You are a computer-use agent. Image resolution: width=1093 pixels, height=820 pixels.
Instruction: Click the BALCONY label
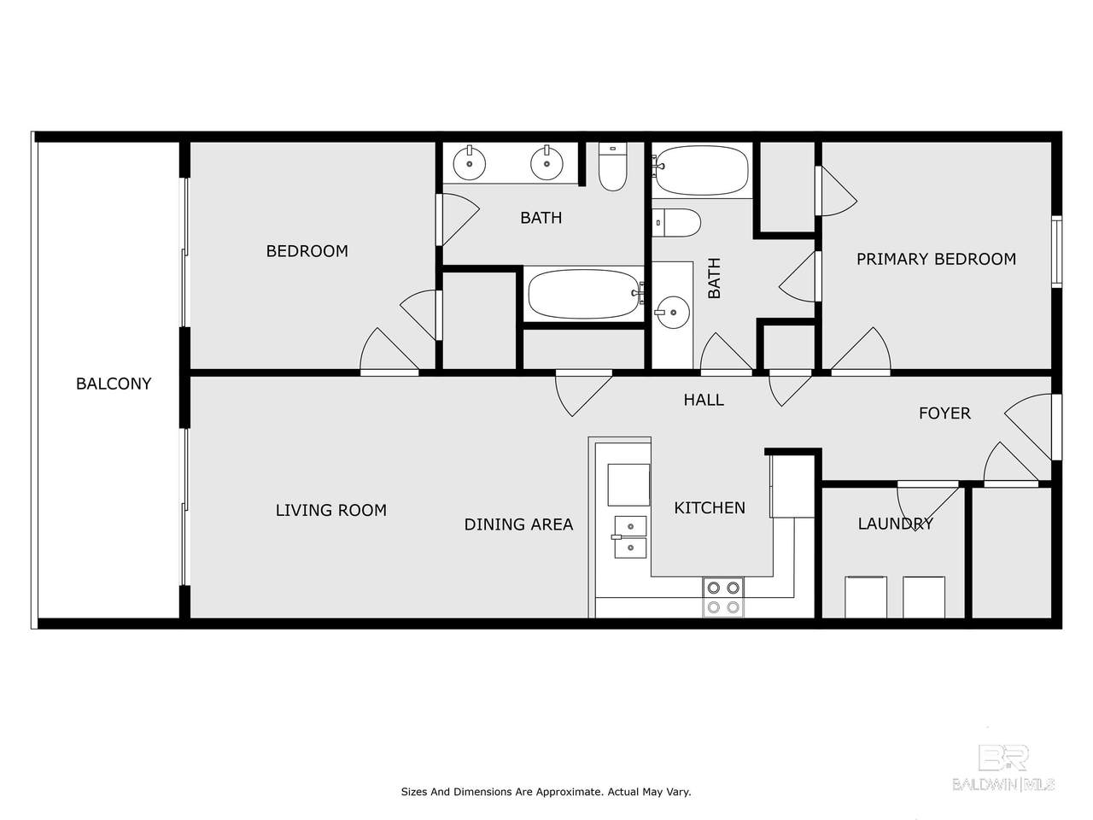[x=114, y=384]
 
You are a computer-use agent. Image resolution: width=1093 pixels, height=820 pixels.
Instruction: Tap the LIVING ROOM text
[x=331, y=510]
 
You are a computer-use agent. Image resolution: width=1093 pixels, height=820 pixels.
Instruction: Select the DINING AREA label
[x=518, y=524]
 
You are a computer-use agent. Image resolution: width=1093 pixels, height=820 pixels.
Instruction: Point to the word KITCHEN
[x=710, y=508]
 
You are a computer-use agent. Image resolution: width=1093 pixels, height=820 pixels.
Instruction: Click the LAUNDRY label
[x=895, y=524]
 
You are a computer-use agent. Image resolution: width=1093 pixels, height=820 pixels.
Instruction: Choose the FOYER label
[x=944, y=413]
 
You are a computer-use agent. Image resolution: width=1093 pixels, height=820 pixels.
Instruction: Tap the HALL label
[x=704, y=400]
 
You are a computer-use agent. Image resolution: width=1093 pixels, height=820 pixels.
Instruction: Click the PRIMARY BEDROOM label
[x=936, y=259]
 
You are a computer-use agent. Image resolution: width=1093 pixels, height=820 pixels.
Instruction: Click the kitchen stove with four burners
[x=723, y=597]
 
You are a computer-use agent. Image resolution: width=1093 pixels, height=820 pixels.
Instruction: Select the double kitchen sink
[x=630, y=537]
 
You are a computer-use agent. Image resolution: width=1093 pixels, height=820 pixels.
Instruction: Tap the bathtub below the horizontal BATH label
[x=585, y=294]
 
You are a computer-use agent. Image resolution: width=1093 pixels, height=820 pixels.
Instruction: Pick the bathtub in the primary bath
[x=701, y=170]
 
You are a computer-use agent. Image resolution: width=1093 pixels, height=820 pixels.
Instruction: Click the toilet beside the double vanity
[x=612, y=167]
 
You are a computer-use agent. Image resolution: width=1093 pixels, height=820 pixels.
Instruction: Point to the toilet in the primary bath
[x=676, y=223]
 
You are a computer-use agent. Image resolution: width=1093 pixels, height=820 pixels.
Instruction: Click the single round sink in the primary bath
[x=672, y=312]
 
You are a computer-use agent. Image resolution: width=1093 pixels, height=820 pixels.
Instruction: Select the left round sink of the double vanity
[x=469, y=163]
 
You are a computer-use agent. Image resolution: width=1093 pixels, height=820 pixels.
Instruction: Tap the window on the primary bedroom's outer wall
[x=1056, y=251]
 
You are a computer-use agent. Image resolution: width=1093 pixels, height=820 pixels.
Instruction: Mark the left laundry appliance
[x=866, y=597]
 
